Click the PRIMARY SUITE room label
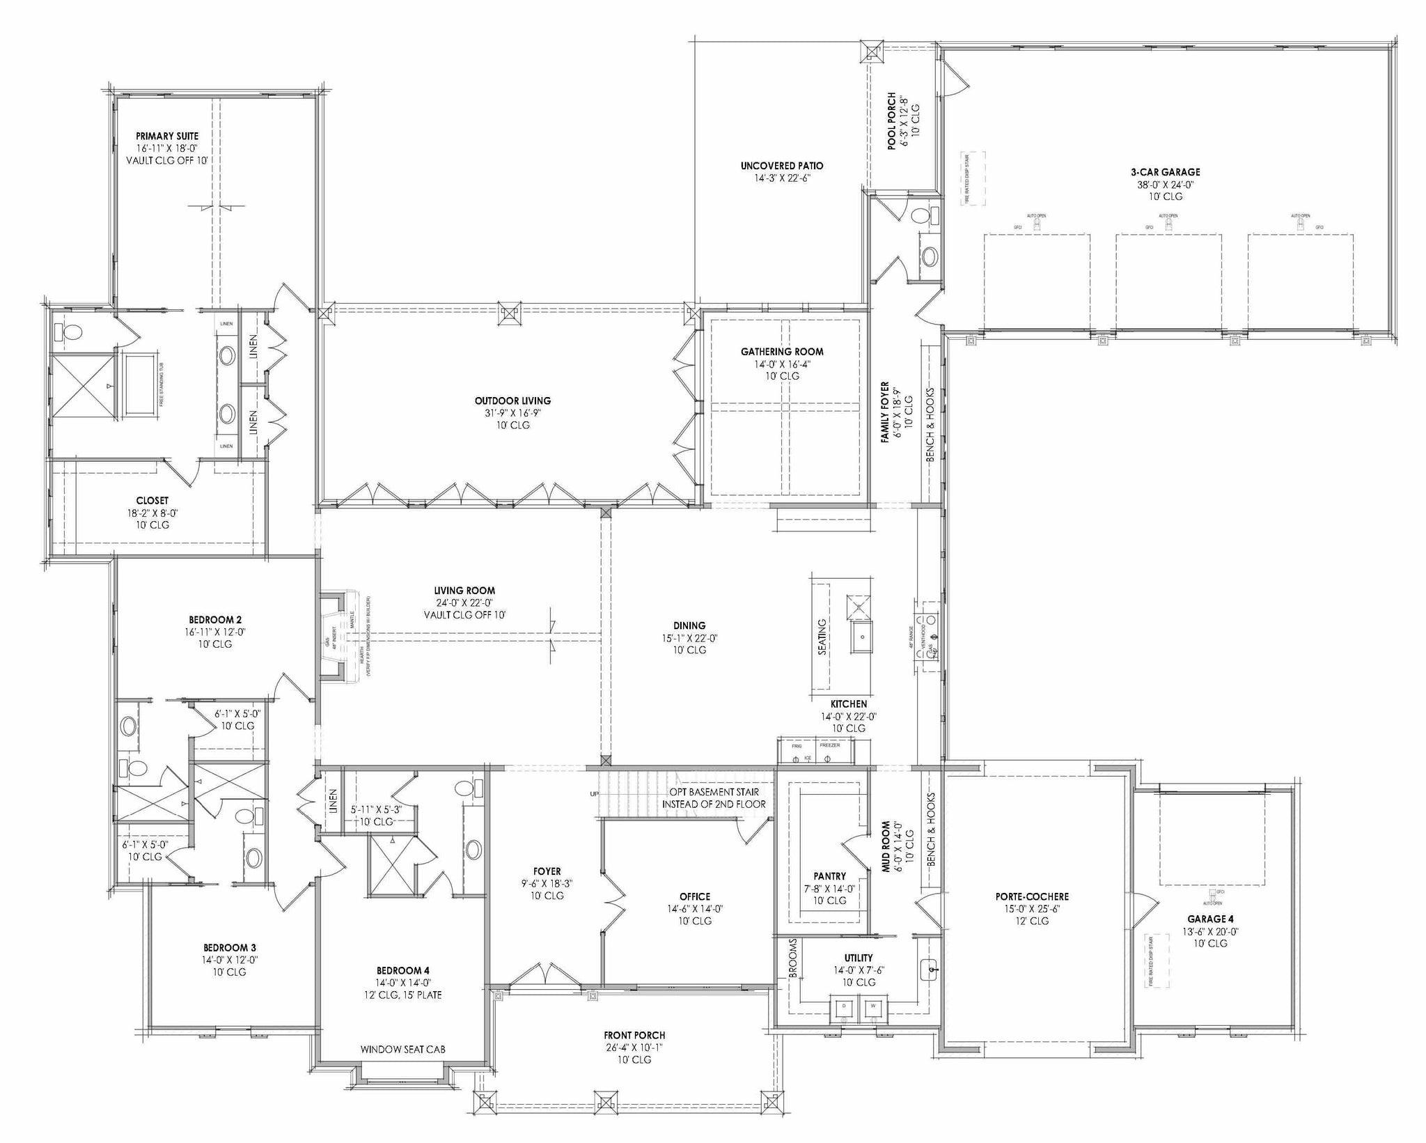[x=167, y=137]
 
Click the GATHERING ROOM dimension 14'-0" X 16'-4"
[x=782, y=364]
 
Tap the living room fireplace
[x=336, y=635]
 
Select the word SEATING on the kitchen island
[x=822, y=636]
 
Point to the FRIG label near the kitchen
[x=797, y=745]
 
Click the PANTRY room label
[x=830, y=876]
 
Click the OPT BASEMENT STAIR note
[x=714, y=792]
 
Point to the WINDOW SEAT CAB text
[x=402, y=1049]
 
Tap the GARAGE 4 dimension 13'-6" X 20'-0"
[x=1212, y=931]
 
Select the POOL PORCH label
[x=891, y=120]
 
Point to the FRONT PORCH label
[x=634, y=1035]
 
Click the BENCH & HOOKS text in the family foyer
[x=930, y=425]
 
